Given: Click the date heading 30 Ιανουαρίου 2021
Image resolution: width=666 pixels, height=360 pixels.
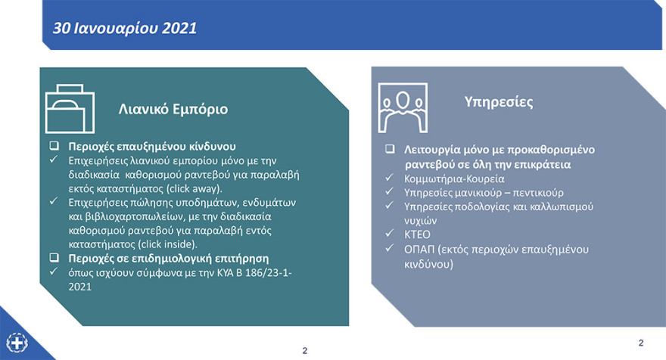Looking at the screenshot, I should click(x=125, y=28).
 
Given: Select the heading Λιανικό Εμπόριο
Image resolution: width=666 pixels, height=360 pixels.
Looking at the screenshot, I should click(x=173, y=109).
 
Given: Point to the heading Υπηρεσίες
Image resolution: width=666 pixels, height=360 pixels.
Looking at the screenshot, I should click(x=498, y=101).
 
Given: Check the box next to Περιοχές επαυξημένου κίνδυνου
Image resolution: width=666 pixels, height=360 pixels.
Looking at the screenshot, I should click(x=54, y=146).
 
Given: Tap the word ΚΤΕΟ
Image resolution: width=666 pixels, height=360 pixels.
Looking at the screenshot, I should click(x=416, y=234).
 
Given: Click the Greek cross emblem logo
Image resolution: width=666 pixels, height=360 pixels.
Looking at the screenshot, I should click(x=17, y=341).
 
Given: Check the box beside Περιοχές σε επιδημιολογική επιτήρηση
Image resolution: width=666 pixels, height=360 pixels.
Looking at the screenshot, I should click(x=54, y=259).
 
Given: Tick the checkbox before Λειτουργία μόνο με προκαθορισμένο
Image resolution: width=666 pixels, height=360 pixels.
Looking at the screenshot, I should click(x=388, y=150).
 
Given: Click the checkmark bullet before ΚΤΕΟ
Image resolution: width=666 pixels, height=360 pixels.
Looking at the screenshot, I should click(x=388, y=234).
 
